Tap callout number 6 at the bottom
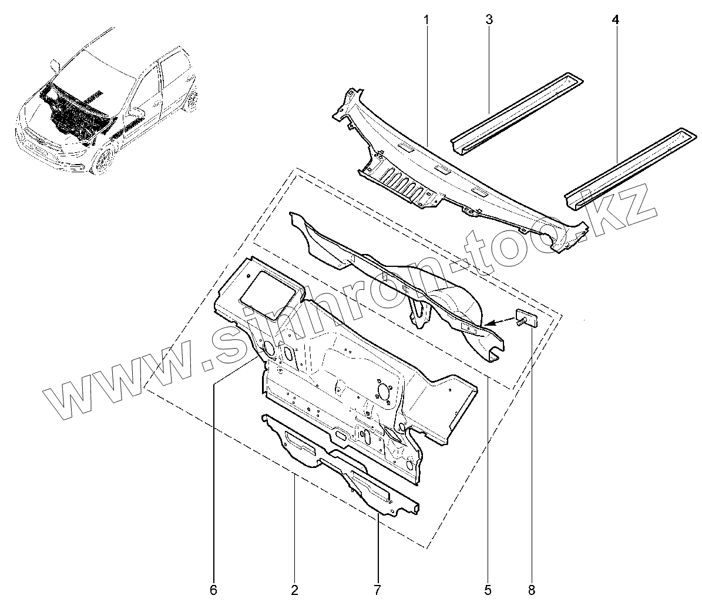point(213,588)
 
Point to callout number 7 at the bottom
point(377,588)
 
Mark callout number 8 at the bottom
point(532,588)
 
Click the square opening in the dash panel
point(270,289)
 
